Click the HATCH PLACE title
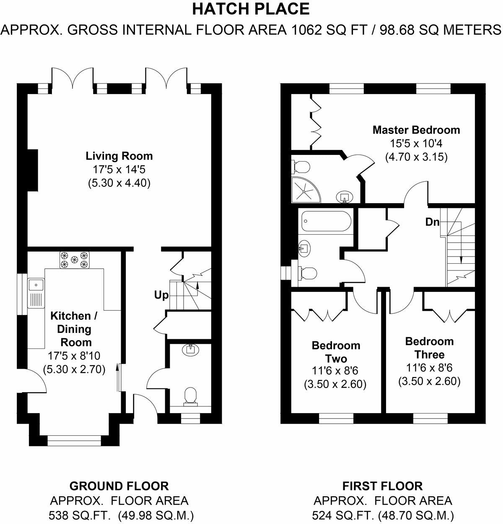251,9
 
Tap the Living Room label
119,156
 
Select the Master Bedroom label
416,130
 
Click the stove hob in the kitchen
75,260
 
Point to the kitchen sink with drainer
36,293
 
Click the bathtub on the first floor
326,221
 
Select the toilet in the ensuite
301,167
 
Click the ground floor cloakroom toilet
191,396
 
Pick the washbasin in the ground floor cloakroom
191,349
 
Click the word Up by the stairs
161,296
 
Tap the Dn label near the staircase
432,222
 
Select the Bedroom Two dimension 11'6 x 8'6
335,371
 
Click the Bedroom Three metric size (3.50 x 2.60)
429,381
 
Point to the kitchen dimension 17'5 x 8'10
74,356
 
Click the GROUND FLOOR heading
119,486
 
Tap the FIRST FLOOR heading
383,486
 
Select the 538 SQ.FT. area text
80,516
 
